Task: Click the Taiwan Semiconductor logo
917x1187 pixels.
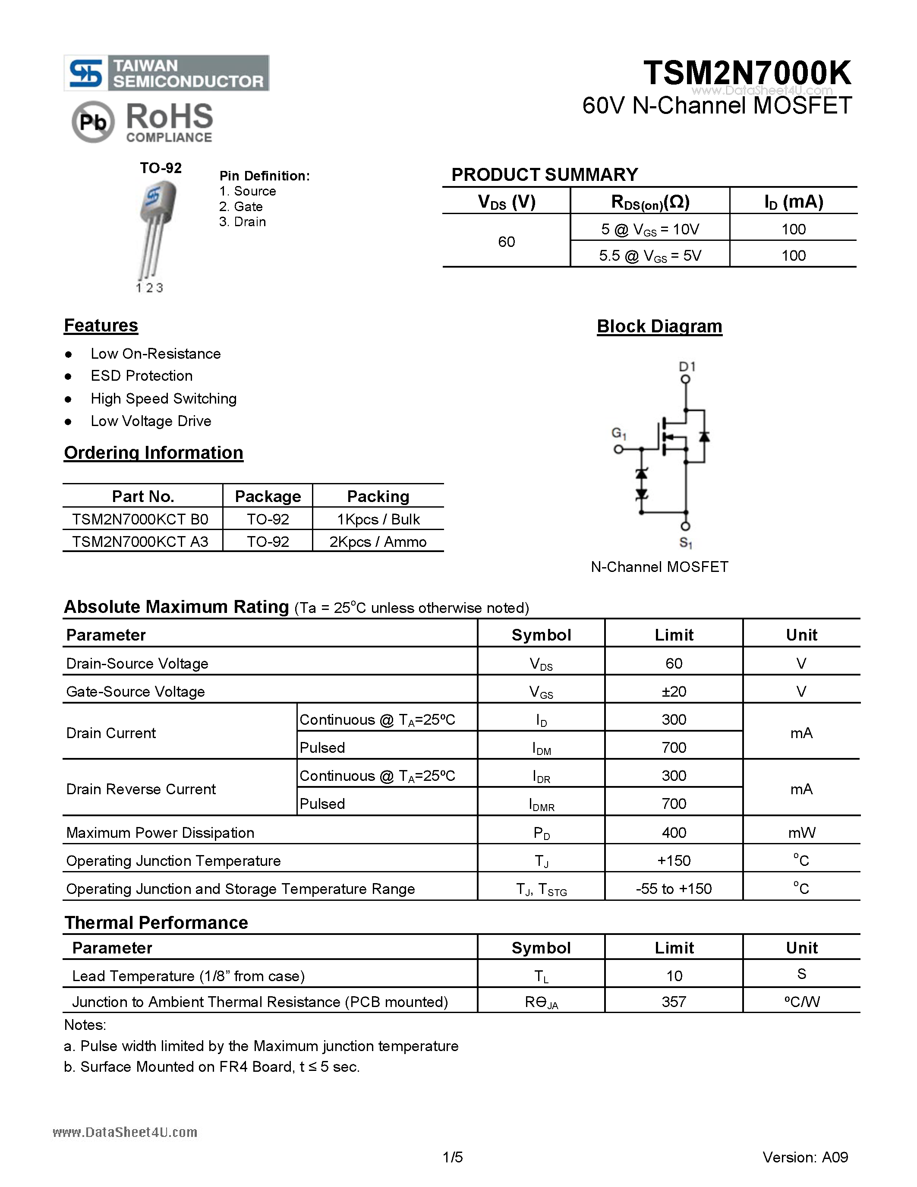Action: (x=166, y=73)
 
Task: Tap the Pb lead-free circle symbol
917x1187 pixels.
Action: (x=93, y=122)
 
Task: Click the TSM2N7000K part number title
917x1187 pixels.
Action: (x=747, y=73)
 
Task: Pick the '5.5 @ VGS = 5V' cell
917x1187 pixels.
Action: (x=650, y=256)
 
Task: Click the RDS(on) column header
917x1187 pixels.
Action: (x=650, y=202)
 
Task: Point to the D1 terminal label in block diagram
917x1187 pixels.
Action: (x=687, y=366)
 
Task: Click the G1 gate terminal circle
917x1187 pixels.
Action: (x=618, y=449)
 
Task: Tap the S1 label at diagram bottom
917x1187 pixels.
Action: (x=686, y=543)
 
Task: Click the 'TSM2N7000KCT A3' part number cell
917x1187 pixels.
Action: (x=140, y=542)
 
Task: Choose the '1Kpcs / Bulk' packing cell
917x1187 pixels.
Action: (x=378, y=520)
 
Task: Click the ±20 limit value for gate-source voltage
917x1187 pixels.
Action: (x=674, y=691)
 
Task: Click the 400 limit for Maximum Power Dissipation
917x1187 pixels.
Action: (x=674, y=833)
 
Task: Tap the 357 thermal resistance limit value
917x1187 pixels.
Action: (x=674, y=1002)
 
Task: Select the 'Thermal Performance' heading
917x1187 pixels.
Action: (x=157, y=923)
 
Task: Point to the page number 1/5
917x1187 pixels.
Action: (x=453, y=1157)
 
